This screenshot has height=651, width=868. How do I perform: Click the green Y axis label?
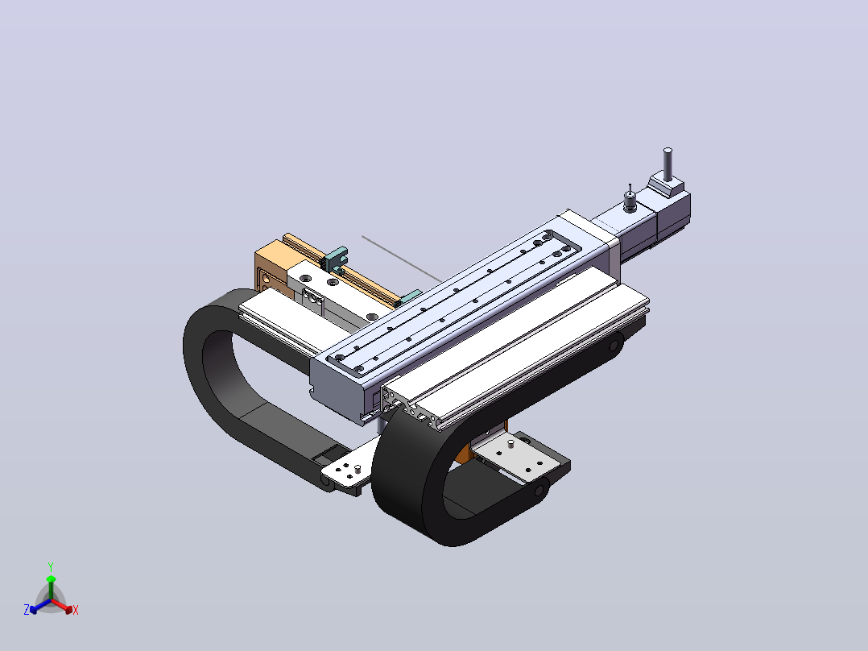51,566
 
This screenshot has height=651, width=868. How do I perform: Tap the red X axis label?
76,610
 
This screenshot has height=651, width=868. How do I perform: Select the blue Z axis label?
27,609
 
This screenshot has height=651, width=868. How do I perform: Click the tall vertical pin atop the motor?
668,164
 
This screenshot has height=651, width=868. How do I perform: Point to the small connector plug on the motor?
630,200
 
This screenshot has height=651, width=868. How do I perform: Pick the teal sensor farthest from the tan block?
410,296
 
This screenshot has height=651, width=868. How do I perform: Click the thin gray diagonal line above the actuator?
402,259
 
